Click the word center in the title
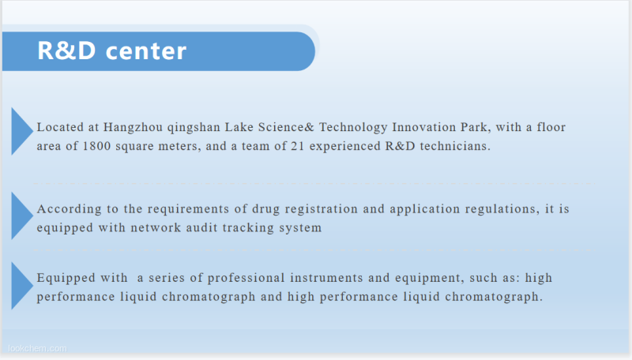point(146,51)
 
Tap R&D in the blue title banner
point(66,51)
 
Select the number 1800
point(96,146)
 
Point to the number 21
point(298,146)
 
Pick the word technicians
point(455,146)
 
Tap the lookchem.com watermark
point(37,348)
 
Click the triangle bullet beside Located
point(22,131)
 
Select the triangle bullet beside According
point(22,216)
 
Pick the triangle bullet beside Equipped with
point(22,286)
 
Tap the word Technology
point(353,128)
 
